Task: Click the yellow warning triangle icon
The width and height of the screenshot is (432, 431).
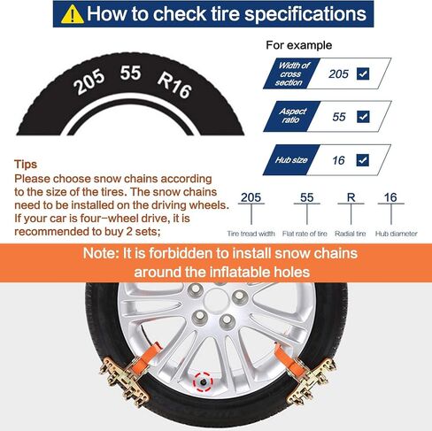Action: pyautogui.click(x=73, y=15)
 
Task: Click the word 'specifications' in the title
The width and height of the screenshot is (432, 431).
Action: pyautogui.click(x=305, y=14)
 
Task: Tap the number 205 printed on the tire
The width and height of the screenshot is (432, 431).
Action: pyautogui.click(x=89, y=82)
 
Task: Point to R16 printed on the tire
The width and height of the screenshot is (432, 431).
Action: pyautogui.click(x=174, y=85)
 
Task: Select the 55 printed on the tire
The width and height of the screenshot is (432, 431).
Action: pyautogui.click(x=130, y=73)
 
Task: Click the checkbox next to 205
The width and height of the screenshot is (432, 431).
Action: pyautogui.click(x=363, y=73)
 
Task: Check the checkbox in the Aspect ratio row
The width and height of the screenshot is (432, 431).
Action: pyautogui.click(x=363, y=117)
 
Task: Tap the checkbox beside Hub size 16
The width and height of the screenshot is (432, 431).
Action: pyautogui.click(x=363, y=160)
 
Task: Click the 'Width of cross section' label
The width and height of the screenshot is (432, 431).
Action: pyautogui.click(x=291, y=73)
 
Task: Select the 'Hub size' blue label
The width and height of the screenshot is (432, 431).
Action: pyautogui.click(x=291, y=160)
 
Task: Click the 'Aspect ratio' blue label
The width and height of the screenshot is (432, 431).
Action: pyautogui.click(x=292, y=116)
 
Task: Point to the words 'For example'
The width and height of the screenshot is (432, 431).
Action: pyautogui.click(x=299, y=45)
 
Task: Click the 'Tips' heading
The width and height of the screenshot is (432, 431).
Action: pyautogui.click(x=26, y=164)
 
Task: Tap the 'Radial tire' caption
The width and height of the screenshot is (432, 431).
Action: pyautogui.click(x=351, y=234)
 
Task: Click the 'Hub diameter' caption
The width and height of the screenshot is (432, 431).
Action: pyautogui.click(x=397, y=234)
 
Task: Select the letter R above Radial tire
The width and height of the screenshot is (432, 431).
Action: pyautogui.click(x=351, y=197)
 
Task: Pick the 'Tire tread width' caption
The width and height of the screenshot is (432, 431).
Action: pyautogui.click(x=251, y=234)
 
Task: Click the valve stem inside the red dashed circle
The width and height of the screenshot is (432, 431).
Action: pyautogui.click(x=203, y=382)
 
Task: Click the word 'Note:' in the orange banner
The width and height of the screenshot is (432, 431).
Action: pyautogui.click(x=101, y=253)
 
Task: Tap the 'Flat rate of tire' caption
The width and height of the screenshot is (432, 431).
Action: pyautogui.click(x=305, y=234)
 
